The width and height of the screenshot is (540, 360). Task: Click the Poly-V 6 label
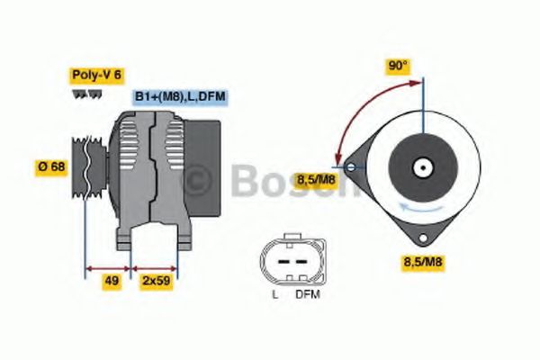point(95,76)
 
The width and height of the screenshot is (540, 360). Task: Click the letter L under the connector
point(274,294)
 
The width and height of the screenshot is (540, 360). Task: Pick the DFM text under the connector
point(308,294)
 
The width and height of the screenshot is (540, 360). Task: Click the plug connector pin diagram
point(290,258)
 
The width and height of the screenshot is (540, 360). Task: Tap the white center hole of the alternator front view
point(421,167)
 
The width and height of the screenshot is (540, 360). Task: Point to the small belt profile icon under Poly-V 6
point(81,94)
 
